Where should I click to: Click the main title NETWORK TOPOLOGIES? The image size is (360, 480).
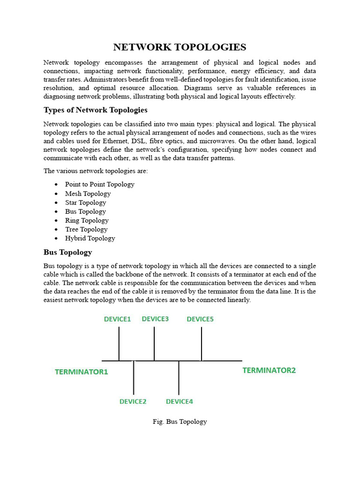(180, 47)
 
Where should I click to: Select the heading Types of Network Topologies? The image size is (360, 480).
(96, 110)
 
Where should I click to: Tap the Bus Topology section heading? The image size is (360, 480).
(68, 252)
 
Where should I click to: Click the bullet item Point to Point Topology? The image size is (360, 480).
(99, 184)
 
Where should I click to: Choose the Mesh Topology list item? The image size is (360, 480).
(88, 194)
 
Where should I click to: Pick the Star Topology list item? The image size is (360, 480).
(85, 202)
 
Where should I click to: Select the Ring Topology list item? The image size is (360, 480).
(87, 220)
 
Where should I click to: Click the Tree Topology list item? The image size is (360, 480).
(86, 229)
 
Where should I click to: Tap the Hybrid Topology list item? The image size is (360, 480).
(90, 238)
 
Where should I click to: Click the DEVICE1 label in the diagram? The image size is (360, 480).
(117, 319)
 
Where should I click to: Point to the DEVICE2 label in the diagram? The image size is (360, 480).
(133, 402)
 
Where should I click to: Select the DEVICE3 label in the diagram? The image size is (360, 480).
(155, 319)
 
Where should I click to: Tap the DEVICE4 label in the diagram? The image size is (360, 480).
(179, 402)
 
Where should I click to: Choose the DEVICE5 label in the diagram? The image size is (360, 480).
(200, 319)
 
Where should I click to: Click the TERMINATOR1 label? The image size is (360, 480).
(82, 372)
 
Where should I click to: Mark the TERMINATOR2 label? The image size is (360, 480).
(269, 370)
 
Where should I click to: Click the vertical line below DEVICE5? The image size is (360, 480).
(202, 344)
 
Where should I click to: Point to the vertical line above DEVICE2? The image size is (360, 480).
(134, 377)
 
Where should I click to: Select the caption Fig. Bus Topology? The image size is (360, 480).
(180, 421)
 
